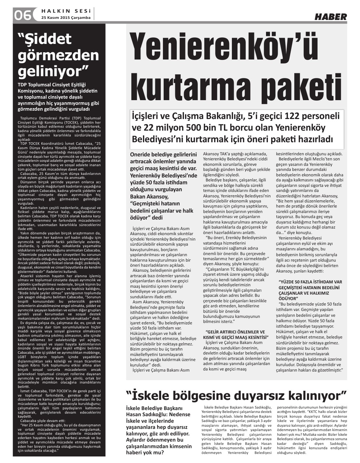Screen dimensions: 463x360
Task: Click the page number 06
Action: [22, 15]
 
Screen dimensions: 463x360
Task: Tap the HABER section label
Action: [330, 17]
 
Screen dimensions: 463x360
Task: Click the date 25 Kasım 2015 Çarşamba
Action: [66, 17]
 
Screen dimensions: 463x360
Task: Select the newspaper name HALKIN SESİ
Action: [67, 11]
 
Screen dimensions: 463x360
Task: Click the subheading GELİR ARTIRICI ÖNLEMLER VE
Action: [235, 332]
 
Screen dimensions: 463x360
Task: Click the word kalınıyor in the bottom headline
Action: [314, 394]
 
